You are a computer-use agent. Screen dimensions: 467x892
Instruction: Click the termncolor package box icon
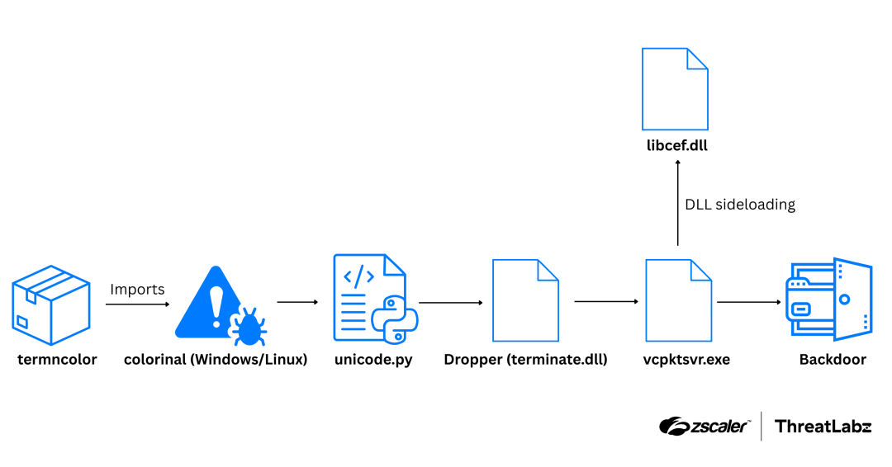pyautogui.click(x=51, y=304)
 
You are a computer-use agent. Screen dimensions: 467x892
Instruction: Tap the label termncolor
pyautogui.click(x=57, y=360)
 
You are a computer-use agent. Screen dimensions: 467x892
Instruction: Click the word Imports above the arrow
pyautogui.click(x=137, y=290)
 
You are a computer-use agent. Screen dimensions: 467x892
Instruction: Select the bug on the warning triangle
pyautogui.click(x=246, y=325)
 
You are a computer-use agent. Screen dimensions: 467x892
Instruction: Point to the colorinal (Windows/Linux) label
pyautogui.click(x=216, y=360)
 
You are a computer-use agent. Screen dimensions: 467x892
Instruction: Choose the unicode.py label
pyautogui.click(x=373, y=360)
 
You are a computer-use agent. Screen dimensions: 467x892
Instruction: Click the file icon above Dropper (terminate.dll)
pyautogui.click(x=525, y=300)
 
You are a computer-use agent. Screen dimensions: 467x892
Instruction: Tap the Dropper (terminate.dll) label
pyautogui.click(x=525, y=360)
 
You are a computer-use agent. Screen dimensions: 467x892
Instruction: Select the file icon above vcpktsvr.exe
pyautogui.click(x=678, y=300)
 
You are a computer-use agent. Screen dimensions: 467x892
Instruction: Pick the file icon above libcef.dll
pyautogui.click(x=675, y=88)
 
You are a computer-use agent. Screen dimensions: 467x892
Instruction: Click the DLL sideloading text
pyautogui.click(x=740, y=205)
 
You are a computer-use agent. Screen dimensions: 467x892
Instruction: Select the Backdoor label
pyautogui.click(x=833, y=360)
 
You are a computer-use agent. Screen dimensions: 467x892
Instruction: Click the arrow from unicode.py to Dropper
pyautogui.click(x=451, y=303)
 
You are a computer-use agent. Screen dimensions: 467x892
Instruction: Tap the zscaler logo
pyautogui.click(x=705, y=427)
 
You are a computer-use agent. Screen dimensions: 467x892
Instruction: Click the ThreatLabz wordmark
pyautogui.click(x=823, y=427)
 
